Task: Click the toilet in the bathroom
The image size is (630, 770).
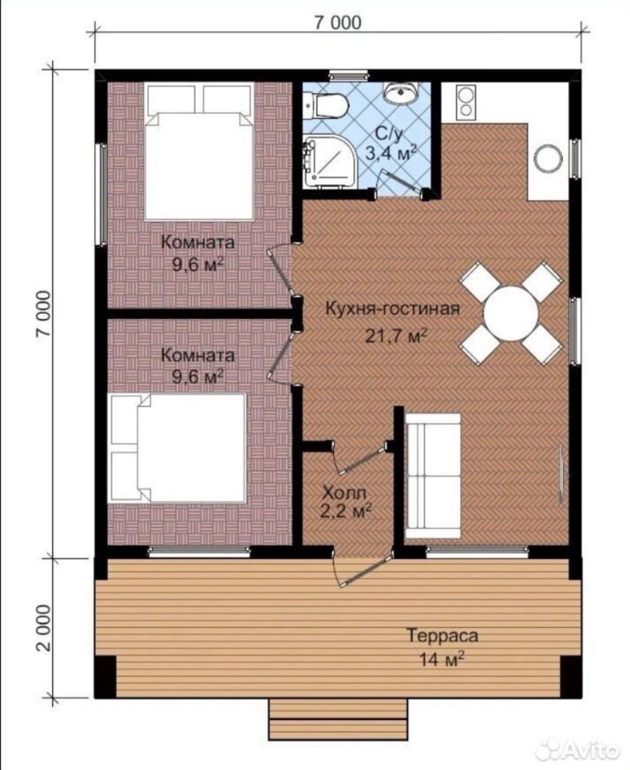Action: [325, 105]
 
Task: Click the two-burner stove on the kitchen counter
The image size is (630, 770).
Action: [466, 102]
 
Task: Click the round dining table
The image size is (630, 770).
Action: [510, 313]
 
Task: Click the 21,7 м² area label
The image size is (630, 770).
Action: [396, 336]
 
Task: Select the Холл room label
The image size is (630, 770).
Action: [344, 494]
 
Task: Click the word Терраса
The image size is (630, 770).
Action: [442, 636]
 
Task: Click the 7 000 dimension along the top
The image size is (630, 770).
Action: [337, 23]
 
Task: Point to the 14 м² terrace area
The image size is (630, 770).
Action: [441, 659]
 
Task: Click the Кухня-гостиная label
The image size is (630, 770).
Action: [392, 309]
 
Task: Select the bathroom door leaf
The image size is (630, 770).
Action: [400, 179]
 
